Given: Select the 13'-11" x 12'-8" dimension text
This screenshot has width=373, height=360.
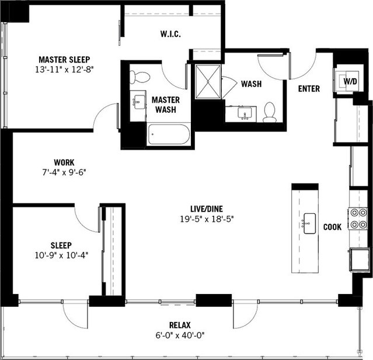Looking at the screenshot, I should pos(64,69).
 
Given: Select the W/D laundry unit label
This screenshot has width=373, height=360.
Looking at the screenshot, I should pos(350,81).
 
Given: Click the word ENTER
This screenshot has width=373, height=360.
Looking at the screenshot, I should pos(308,89).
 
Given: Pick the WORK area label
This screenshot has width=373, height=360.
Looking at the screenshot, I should pos(64,162).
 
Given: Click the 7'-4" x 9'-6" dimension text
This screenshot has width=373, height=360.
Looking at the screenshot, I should pos(64,172).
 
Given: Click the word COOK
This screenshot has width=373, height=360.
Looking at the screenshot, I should pos(333,227).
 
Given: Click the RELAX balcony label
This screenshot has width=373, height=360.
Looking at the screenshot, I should pos(180,325).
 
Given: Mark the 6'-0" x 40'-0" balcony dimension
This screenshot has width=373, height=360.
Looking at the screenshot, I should pos(180,335).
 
